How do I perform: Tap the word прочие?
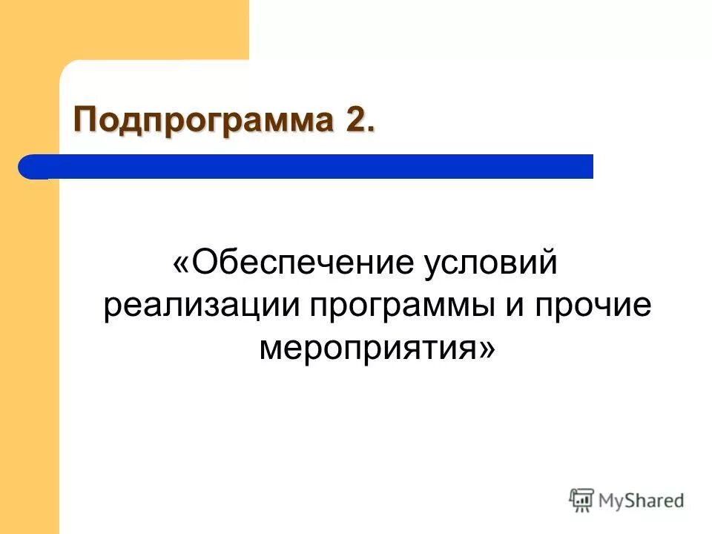[589, 306]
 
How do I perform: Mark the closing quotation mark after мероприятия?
[486, 347]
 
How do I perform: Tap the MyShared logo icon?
[582, 501]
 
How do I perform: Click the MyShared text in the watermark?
[642, 501]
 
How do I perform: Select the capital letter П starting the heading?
[85, 120]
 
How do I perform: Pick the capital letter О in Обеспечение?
[207, 265]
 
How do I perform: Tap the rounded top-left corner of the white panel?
[67, 68]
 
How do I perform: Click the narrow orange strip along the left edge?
[30, 334]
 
